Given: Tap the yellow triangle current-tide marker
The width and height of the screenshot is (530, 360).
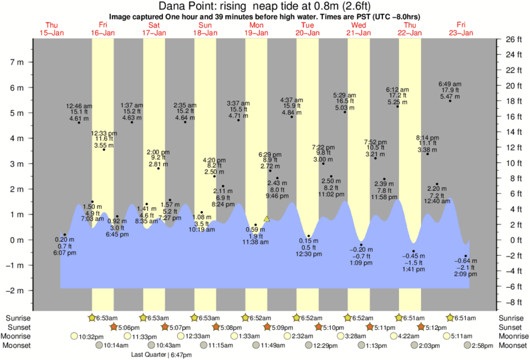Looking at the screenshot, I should click(267, 218).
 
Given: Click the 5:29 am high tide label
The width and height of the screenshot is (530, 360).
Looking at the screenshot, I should click(348, 102).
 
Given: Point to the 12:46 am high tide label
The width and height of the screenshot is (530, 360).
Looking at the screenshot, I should click(80, 112).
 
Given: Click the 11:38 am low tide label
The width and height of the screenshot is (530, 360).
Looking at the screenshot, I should click(255, 237).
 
